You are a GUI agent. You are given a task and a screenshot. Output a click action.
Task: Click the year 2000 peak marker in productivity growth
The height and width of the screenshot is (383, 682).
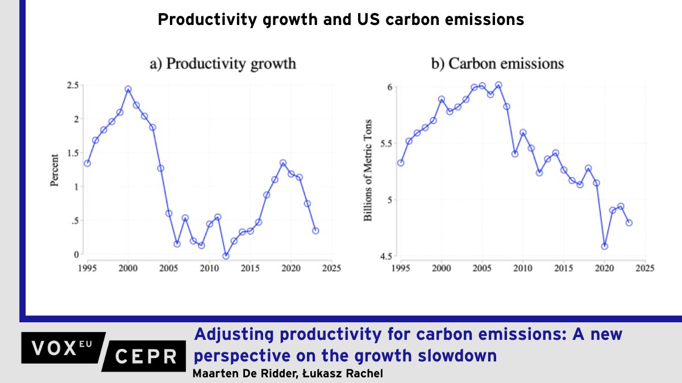128,89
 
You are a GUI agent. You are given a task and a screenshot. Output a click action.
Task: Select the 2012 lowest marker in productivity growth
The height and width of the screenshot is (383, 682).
226,256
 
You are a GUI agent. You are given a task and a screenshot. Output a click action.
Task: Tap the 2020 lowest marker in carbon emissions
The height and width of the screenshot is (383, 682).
604,246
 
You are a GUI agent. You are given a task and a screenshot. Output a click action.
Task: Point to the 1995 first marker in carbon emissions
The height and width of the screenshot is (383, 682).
401,163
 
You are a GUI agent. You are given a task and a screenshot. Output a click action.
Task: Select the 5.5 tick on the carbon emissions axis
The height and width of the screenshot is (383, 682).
386,143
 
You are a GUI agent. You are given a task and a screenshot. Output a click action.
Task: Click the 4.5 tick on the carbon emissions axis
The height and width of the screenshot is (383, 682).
386,256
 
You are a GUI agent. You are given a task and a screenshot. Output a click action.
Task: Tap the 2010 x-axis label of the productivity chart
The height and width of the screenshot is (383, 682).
210,267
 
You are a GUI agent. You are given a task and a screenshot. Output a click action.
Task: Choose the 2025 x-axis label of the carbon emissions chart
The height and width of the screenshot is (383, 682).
644,267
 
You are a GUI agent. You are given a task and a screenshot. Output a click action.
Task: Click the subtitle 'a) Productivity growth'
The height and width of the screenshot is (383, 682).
223,63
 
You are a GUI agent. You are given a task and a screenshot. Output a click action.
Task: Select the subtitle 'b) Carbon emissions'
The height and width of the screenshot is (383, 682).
497,63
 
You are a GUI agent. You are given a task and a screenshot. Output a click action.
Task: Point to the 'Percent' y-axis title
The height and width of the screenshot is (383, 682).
55,170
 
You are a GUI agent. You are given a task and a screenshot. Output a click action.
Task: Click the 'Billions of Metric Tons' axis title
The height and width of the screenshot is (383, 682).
368,170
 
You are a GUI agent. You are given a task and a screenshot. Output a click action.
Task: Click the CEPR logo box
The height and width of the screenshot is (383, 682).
145,356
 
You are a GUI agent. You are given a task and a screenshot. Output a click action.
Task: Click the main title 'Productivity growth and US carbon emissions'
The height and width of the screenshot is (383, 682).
340,20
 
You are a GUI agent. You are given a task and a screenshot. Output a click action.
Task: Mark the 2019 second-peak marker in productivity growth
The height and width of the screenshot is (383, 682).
283,163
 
